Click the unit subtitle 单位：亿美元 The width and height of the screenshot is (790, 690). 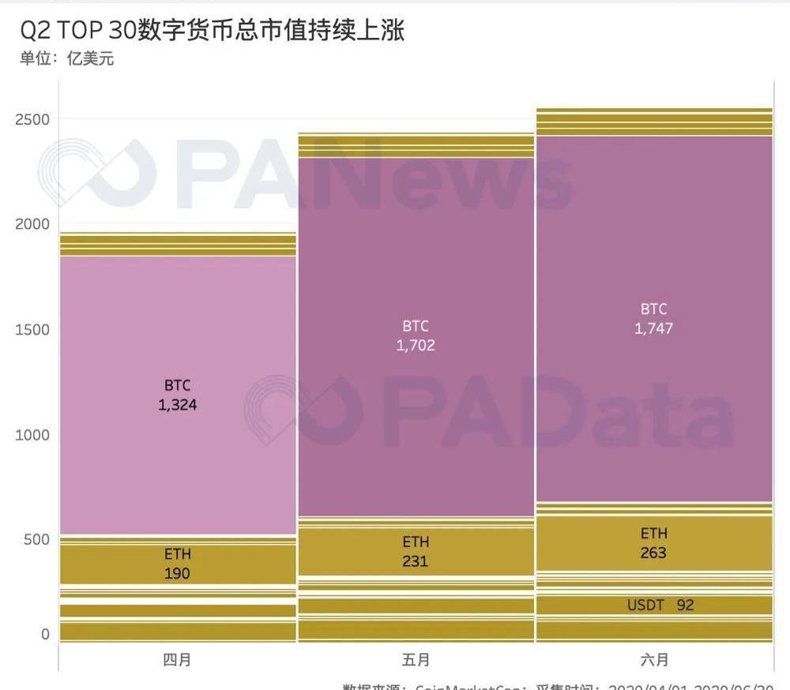(x=67, y=59)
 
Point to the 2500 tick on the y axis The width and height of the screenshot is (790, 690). (x=32, y=119)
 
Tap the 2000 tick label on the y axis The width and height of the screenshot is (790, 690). (x=32, y=224)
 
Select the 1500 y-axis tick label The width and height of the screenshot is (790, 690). (x=32, y=329)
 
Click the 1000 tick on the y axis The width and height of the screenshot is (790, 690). (x=32, y=434)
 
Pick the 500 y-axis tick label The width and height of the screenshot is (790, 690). (x=36, y=539)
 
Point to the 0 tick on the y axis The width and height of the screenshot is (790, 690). (x=45, y=634)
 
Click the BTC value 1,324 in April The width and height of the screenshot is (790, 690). (x=178, y=406)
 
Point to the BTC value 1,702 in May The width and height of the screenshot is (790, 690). (x=416, y=345)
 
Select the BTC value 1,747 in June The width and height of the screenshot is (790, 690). (x=653, y=328)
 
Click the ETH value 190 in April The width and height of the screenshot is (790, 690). (x=178, y=574)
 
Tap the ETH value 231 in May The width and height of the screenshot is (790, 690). (x=416, y=562)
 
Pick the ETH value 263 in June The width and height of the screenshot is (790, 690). (x=653, y=553)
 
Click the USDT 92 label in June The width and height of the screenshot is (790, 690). (x=660, y=606)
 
